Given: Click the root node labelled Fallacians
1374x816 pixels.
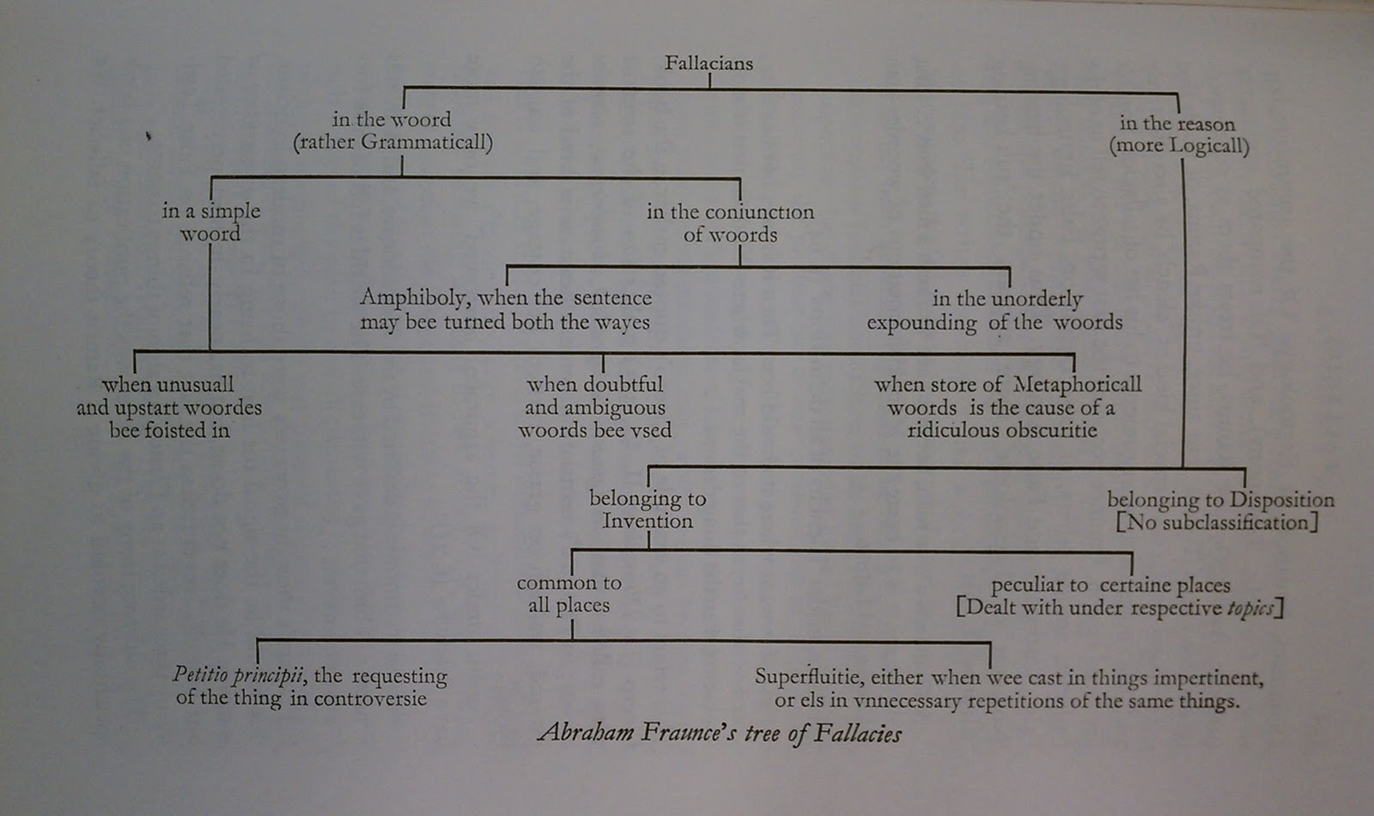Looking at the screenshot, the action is pyautogui.click(x=708, y=64).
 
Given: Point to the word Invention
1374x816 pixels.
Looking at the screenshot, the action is pyautogui.click(x=647, y=521).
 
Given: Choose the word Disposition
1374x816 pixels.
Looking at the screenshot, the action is pyautogui.click(x=1281, y=500).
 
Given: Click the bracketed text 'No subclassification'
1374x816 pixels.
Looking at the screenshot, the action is pyautogui.click(x=1217, y=522).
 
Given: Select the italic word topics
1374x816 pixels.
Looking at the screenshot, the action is pyautogui.click(x=1249, y=608).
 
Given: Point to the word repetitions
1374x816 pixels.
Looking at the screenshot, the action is pyautogui.click(x=1025, y=701).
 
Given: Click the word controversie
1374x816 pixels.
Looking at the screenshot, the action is pyautogui.click(x=370, y=699).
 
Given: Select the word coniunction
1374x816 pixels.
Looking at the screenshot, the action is pyautogui.click(x=759, y=212).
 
